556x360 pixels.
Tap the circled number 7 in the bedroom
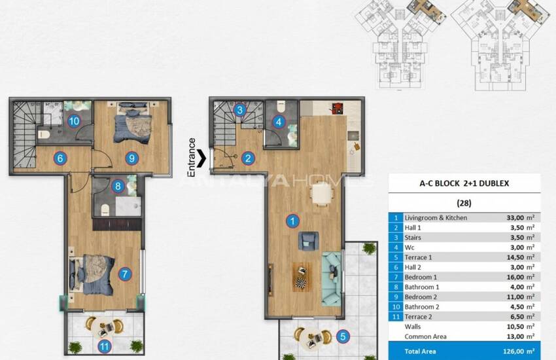pos(124,274)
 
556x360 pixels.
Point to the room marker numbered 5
pos(342,338)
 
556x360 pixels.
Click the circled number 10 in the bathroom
pos(73,120)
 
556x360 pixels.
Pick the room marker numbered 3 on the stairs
pos(241,111)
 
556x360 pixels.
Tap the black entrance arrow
pos(204,157)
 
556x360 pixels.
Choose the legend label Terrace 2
pos(422,316)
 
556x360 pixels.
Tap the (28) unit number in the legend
pos(465,203)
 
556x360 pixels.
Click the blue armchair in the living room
pos(307,242)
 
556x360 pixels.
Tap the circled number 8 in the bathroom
pos(118,186)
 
